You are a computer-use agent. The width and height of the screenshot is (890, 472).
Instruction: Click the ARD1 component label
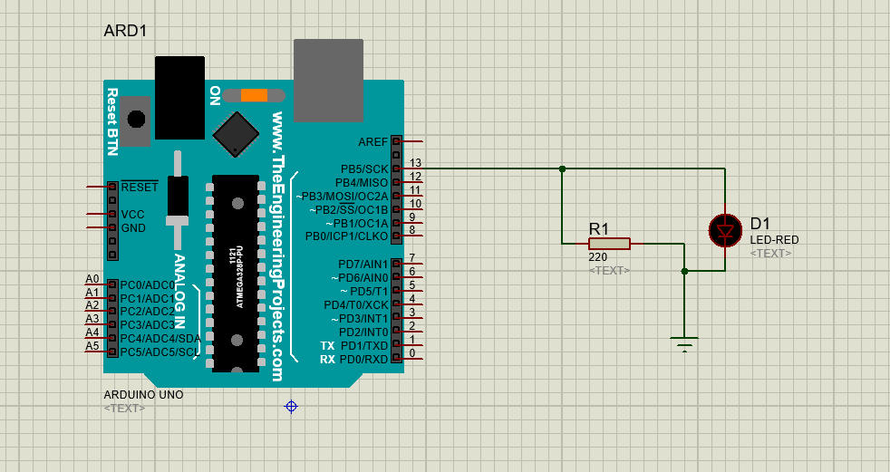click(125, 31)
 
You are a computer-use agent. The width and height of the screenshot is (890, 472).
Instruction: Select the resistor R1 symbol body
click(609, 244)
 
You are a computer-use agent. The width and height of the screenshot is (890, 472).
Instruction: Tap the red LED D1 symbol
click(725, 230)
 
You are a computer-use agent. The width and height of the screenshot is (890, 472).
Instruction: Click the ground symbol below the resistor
click(685, 342)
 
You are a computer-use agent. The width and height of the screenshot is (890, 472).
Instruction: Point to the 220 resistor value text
click(598, 257)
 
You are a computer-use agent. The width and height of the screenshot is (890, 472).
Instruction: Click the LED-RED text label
click(774, 239)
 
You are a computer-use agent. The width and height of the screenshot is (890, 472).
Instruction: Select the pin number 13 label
click(416, 163)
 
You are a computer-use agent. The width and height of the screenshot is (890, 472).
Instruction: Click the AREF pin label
click(372, 142)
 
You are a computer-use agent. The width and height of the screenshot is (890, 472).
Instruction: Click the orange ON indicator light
click(254, 95)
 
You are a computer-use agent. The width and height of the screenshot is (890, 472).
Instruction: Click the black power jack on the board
click(179, 98)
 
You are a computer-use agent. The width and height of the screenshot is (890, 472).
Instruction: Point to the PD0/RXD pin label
click(363, 360)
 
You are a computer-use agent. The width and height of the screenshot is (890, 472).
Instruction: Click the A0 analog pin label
click(92, 279)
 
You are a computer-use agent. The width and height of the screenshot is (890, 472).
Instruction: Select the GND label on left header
click(133, 228)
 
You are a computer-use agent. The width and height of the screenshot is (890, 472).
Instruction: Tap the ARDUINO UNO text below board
click(143, 395)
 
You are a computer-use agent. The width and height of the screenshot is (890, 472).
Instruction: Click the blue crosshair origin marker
click(291, 406)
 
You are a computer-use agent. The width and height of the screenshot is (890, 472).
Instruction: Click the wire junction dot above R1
click(563, 169)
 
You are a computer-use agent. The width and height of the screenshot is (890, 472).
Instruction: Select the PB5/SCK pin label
click(364, 169)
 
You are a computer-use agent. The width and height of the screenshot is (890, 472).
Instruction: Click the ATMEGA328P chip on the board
click(237, 273)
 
